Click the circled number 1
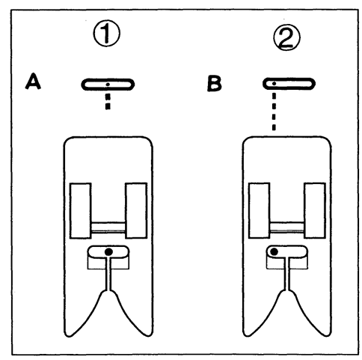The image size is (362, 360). click(x=107, y=33)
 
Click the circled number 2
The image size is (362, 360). click(x=287, y=37)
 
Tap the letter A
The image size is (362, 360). click(x=33, y=81)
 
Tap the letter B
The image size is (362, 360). click(x=215, y=84)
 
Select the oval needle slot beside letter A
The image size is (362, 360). click(x=108, y=85)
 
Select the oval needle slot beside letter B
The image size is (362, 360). click(x=289, y=84)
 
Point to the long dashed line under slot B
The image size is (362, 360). click(x=274, y=112)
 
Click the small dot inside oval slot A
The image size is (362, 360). click(x=108, y=85)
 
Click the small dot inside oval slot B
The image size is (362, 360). click(x=274, y=84)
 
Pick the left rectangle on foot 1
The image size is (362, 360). click(x=80, y=210)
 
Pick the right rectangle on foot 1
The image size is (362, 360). click(x=136, y=210)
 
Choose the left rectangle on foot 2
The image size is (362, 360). click(x=260, y=210)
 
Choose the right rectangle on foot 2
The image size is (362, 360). click(x=315, y=210)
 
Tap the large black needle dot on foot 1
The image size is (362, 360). click(x=108, y=252)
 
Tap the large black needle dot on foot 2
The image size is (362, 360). click(x=274, y=252)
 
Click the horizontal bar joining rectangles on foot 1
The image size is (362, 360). click(x=108, y=228)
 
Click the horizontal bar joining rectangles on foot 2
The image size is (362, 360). click(x=287, y=228)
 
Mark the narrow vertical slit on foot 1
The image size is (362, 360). click(x=108, y=274)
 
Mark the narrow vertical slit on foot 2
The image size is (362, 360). click(x=287, y=274)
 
